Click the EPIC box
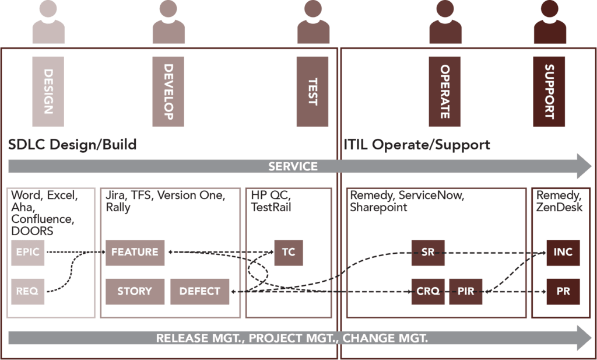click(28, 252)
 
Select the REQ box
click(28, 291)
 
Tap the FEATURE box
click(135, 252)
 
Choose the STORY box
click(135, 291)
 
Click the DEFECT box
click(199, 291)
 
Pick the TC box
click(288, 252)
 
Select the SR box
click(428, 252)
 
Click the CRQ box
click(428, 291)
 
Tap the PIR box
click(465, 291)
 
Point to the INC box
click(563, 252)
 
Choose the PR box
click(563, 291)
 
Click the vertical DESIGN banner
click(48, 92)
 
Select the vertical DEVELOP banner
click(168, 92)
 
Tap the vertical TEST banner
click(312, 92)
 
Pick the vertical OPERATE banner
click(444, 92)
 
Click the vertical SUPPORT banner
click(549, 92)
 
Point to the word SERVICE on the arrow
click(293, 167)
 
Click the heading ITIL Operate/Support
click(417, 144)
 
